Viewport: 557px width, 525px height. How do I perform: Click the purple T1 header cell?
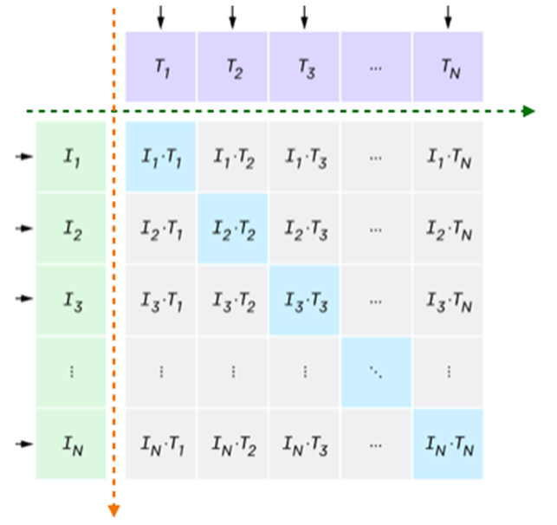point(161,68)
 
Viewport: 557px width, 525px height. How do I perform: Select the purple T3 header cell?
point(304,68)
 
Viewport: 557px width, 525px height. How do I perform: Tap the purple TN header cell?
point(447,68)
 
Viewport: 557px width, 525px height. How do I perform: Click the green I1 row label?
point(70,157)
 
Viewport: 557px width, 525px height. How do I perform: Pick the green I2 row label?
point(70,228)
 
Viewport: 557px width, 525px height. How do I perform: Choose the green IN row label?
point(70,444)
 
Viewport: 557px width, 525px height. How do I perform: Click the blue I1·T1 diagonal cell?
point(161,157)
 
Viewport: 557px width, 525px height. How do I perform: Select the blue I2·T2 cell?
point(232,228)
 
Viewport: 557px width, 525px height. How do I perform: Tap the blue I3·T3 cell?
point(304,299)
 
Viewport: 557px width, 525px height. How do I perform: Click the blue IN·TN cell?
point(447,444)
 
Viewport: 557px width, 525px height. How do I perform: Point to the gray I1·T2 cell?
point(232,157)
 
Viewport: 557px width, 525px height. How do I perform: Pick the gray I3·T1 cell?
point(161,299)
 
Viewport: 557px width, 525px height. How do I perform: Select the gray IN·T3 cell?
point(304,444)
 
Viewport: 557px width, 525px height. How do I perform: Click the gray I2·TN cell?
point(447,228)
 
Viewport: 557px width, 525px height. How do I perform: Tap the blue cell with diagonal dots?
point(376,371)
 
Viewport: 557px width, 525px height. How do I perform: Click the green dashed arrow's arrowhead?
point(528,111)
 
